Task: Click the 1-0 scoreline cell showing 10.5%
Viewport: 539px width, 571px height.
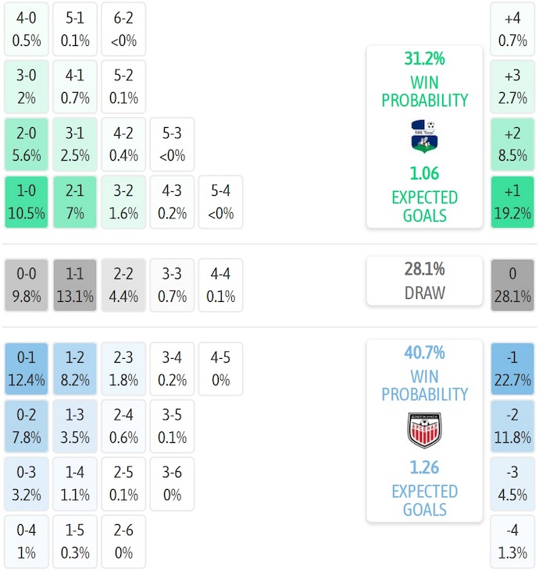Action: click(27, 202)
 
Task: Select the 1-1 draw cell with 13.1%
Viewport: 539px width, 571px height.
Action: click(75, 285)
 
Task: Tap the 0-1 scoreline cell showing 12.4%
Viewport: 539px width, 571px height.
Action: click(27, 368)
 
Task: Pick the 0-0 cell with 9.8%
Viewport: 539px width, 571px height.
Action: click(27, 285)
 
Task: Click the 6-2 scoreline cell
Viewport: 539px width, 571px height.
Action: click(123, 29)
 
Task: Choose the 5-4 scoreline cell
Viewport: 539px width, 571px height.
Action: click(220, 202)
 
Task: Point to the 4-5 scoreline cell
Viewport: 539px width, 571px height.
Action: click(220, 368)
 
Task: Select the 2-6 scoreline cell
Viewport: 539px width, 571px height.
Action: click(123, 541)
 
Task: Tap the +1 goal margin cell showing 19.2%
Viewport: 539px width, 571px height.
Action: click(512, 202)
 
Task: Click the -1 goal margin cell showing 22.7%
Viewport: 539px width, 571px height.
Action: click(512, 368)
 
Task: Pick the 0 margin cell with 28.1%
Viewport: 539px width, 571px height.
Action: click(512, 285)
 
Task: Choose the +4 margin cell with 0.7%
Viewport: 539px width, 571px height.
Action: click(512, 29)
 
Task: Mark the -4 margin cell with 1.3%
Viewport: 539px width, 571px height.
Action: click(512, 541)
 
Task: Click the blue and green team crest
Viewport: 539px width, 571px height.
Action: click(424, 137)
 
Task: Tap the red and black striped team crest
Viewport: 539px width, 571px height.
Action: click(424, 430)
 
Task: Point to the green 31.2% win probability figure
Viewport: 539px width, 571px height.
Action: click(424, 59)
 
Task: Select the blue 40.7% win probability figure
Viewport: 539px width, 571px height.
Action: click(424, 353)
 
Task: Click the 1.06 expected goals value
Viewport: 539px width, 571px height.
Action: click(424, 174)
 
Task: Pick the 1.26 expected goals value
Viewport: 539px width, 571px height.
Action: click(424, 467)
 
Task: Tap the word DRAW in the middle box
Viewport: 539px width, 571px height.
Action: click(424, 293)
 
